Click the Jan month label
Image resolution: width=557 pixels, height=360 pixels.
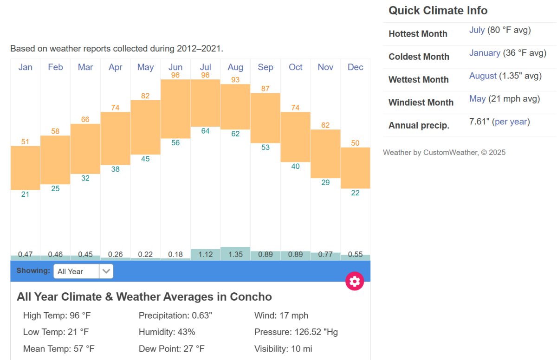click(25, 67)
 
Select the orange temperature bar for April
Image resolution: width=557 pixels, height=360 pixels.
click(115, 138)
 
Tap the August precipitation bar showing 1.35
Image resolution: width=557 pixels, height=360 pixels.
click(235, 254)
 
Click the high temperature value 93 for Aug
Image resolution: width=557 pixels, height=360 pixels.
click(235, 80)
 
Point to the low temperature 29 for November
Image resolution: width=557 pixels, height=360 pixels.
click(325, 183)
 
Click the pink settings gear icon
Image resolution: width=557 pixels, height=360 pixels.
click(355, 281)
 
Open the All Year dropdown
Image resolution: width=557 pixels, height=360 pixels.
click(83, 271)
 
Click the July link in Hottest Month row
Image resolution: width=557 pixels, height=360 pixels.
click(477, 30)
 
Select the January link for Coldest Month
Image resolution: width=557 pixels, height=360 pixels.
click(485, 53)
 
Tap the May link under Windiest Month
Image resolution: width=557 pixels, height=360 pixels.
click(477, 99)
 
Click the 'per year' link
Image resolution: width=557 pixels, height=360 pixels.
click(511, 122)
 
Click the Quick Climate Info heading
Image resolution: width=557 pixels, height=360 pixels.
click(438, 11)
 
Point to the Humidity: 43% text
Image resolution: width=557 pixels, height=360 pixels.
click(167, 332)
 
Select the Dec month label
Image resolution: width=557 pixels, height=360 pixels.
click(355, 67)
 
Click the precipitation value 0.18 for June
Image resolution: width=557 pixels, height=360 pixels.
click(175, 255)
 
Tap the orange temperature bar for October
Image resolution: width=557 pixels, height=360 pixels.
click(295, 137)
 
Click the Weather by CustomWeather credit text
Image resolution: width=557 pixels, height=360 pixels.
click(444, 153)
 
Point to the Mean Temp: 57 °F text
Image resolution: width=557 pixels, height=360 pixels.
click(58, 348)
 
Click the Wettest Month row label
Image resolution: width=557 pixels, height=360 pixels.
click(418, 80)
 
